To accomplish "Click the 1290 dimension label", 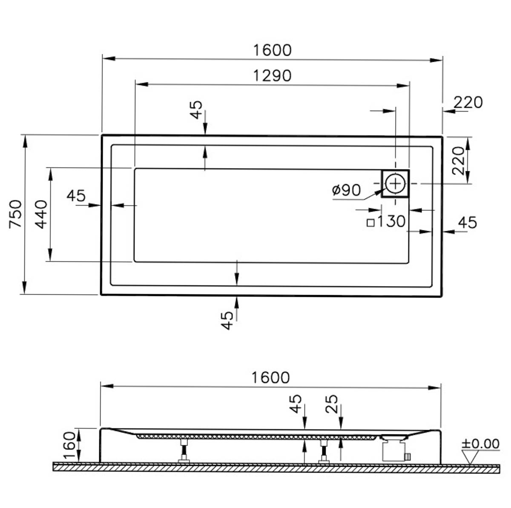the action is click(x=272, y=76).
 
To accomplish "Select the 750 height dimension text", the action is click(x=15, y=214).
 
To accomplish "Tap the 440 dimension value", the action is click(x=41, y=214).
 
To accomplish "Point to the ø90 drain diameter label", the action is click(x=346, y=190).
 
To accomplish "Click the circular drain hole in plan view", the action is click(x=395, y=183).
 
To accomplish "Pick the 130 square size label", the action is click(x=391, y=221).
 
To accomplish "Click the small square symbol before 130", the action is click(x=370, y=223).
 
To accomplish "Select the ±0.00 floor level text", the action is click(x=480, y=444).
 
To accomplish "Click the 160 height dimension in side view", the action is click(x=70, y=445).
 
